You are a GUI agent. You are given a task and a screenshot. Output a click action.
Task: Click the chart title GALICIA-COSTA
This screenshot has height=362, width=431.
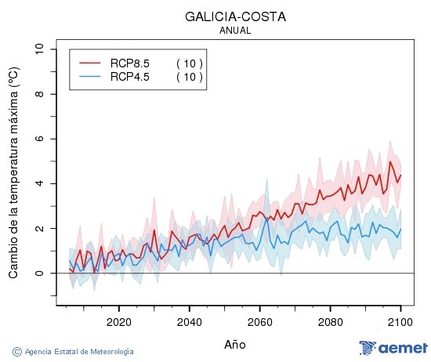235,16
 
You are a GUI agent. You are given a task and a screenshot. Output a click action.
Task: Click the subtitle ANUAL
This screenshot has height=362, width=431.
235,31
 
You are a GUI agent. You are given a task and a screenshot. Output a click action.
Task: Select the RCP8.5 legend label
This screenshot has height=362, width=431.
129,63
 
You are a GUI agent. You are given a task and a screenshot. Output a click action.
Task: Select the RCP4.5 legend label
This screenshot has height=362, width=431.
129,76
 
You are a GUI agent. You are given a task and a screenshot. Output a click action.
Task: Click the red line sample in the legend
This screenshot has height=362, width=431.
90,63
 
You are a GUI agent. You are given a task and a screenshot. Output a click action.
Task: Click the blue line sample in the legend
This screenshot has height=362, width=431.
90,76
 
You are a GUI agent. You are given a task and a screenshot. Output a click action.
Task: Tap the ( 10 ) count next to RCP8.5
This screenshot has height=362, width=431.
189,63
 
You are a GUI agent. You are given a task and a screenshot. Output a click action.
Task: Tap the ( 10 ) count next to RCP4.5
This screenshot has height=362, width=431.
189,76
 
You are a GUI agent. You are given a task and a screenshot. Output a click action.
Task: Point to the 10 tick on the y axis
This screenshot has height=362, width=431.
40,49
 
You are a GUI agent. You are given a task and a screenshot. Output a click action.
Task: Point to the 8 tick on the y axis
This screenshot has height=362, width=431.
40,94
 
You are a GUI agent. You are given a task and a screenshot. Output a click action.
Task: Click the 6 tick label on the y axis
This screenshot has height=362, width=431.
40,139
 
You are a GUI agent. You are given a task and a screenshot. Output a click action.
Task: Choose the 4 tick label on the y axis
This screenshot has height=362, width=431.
40,183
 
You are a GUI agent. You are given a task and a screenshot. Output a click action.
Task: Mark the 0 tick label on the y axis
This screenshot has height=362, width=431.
40,273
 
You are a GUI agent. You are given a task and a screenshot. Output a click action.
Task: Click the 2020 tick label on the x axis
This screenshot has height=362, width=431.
118,322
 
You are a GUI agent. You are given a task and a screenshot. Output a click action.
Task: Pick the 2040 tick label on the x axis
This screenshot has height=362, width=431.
189,322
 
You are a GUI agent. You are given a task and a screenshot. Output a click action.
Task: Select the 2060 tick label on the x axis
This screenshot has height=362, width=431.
259,322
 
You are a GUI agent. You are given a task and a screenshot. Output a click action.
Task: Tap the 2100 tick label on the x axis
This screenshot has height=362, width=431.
400,322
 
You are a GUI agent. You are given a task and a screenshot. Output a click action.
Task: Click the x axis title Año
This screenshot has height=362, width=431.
235,344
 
